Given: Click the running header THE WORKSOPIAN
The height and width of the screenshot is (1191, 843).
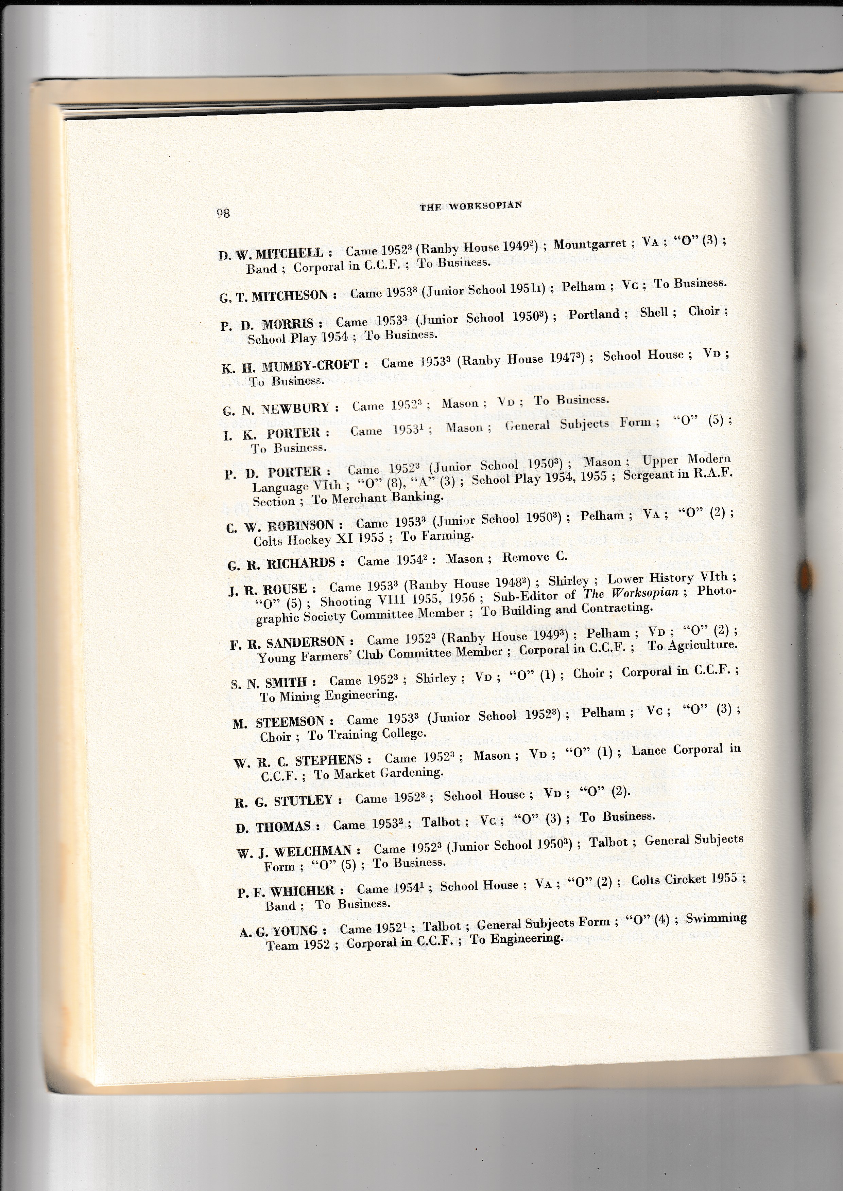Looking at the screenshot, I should pyautogui.click(x=470, y=206).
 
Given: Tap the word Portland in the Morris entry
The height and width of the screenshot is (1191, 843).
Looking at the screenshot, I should pyautogui.click(x=594, y=314).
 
